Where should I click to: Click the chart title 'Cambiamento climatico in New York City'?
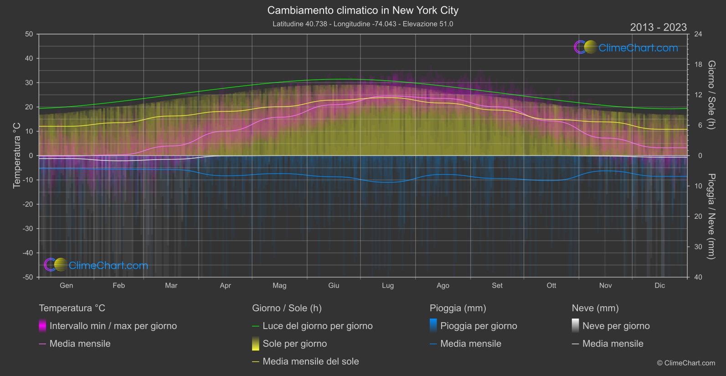click(363, 10)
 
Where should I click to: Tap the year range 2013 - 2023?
click(658, 27)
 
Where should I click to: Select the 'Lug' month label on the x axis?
click(388, 286)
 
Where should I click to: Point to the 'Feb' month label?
click(118, 286)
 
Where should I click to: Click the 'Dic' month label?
click(659, 286)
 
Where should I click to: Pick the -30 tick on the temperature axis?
click(28, 229)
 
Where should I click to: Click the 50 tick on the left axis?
click(29, 34)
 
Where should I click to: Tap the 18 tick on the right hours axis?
click(698, 65)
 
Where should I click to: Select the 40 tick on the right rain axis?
click(698, 277)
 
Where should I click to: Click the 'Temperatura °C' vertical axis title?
click(17, 155)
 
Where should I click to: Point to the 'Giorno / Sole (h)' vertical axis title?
click(711, 95)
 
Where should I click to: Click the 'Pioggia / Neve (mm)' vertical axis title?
click(711, 216)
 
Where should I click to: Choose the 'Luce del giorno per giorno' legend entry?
click(317, 326)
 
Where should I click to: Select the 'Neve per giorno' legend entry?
click(616, 326)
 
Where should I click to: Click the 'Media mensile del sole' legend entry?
click(310, 361)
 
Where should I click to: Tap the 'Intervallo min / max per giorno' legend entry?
click(113, 326)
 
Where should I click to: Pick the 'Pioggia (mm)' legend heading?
click(458, 308)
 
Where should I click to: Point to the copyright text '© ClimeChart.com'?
click(686, 363)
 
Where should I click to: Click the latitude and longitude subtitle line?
click(363, 24)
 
